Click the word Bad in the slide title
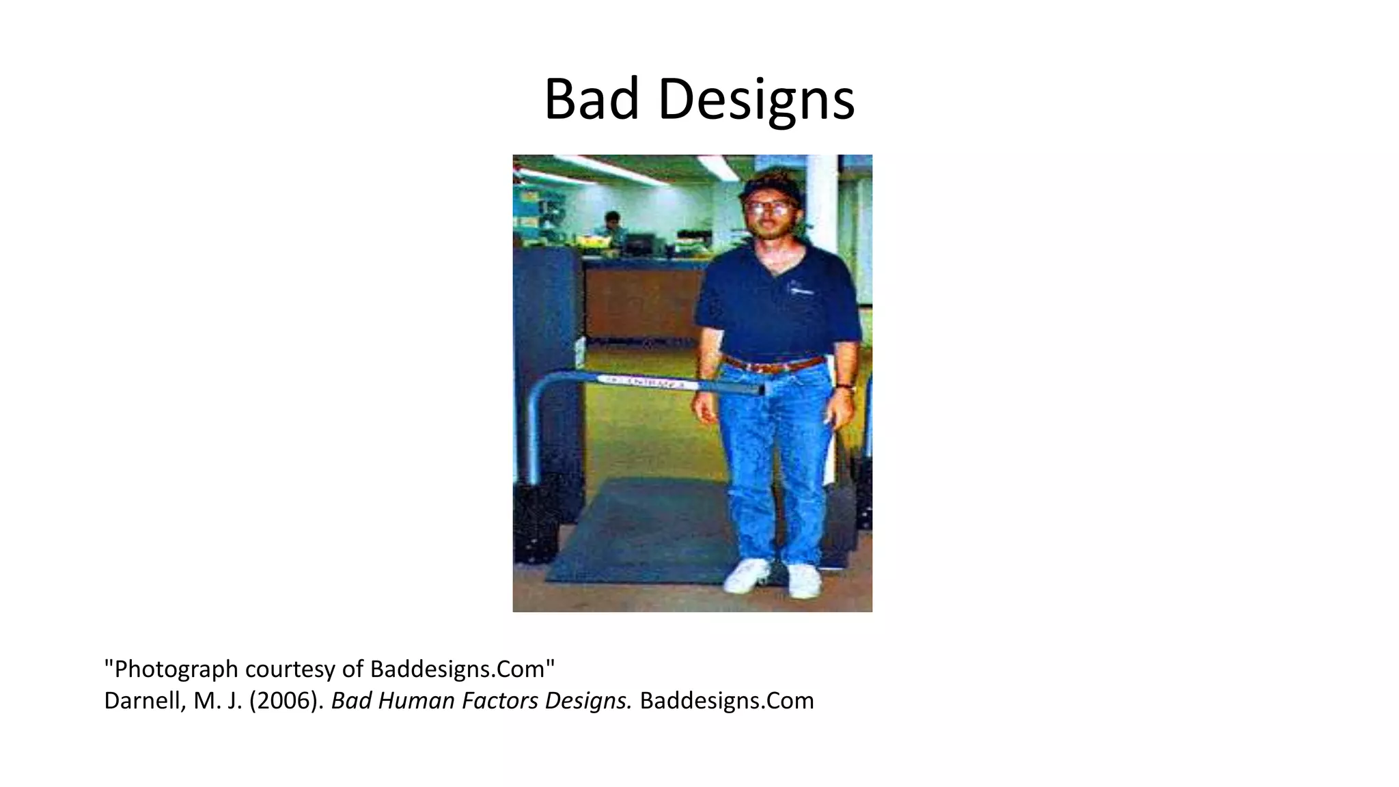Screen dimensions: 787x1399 tap(592, 100)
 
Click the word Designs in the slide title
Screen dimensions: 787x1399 tap(756, 100)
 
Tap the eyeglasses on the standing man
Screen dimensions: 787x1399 tap(770, 206)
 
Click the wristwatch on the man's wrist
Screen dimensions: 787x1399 tap(847, 388)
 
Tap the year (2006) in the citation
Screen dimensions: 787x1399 tap(286, 701)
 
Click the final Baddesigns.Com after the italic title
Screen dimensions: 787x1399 tap(727, 701)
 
